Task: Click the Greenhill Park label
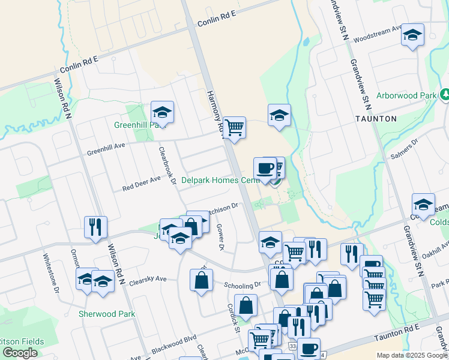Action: click(139, 125)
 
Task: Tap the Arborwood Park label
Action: click(406, 96)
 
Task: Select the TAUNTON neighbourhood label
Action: click(376, 119)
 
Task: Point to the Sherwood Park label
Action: click(107, 314)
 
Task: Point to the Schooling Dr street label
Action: click(243, 285)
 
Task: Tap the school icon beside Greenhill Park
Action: click(162, 112)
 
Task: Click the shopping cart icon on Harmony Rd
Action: click(234, 127)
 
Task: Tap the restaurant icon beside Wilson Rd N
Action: click(95, 227)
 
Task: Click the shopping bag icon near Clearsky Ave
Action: click(201, 280)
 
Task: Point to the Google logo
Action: click(20, 353)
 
